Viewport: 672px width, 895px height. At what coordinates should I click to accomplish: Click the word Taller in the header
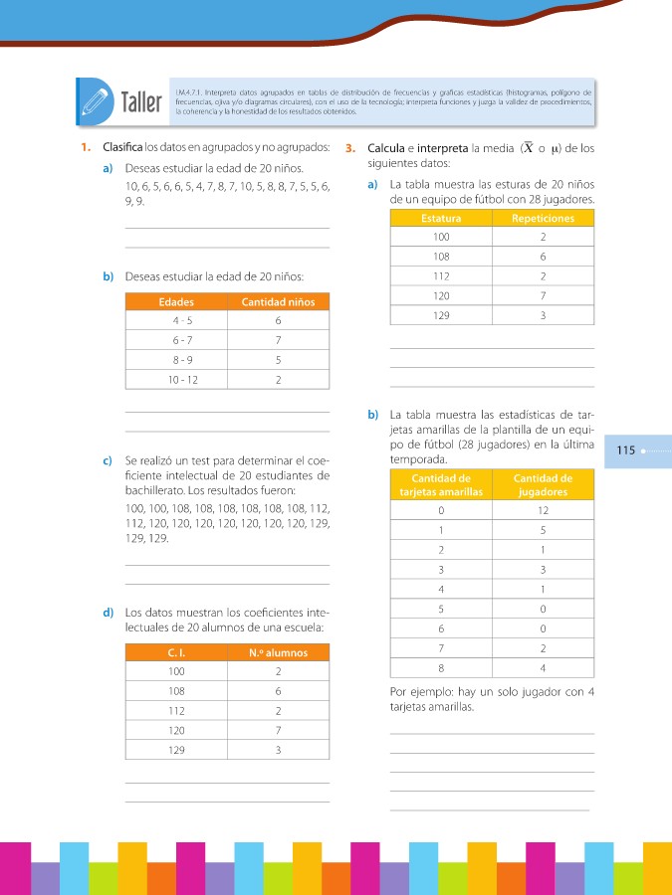pos(142,101)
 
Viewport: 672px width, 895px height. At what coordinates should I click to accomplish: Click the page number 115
pos(626,450)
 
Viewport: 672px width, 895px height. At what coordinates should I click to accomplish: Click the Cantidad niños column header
pos(278,301)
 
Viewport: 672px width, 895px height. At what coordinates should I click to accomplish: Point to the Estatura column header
pos(441,218)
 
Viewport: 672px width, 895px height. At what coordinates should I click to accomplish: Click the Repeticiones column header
pos(543,218)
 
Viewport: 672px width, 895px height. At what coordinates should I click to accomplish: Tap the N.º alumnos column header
pos(278,652)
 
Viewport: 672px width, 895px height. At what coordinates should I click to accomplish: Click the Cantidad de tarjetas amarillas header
pos(440,484)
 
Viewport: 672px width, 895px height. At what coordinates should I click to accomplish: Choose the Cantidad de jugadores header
pos(543,484)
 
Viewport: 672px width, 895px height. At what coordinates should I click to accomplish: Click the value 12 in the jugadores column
pos(543,510)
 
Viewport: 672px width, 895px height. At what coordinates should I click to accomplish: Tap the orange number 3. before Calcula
pos(350,149)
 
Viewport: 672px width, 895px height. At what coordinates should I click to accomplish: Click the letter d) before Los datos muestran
pos(107,612)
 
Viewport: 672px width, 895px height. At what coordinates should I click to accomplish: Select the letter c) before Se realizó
pos(107,462)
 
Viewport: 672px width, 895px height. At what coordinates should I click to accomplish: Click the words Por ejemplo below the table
pos(411,692)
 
